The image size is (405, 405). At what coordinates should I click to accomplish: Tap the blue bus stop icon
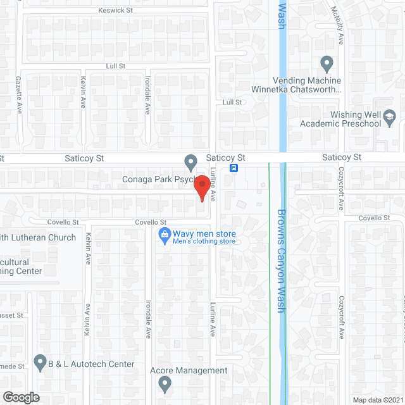(x=234, y=168)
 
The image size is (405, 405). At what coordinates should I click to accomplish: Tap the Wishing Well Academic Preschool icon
(x=390, y=116)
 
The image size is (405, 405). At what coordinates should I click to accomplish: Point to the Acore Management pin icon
(x=165, y=382)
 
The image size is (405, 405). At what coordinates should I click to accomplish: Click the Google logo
(x=20, y=397)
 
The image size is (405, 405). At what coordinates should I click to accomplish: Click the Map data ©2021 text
(x=377, y=399)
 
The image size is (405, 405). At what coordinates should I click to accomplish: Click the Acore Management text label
(x=188, y=370)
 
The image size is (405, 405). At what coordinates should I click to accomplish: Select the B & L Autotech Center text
(x=92, y=364)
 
